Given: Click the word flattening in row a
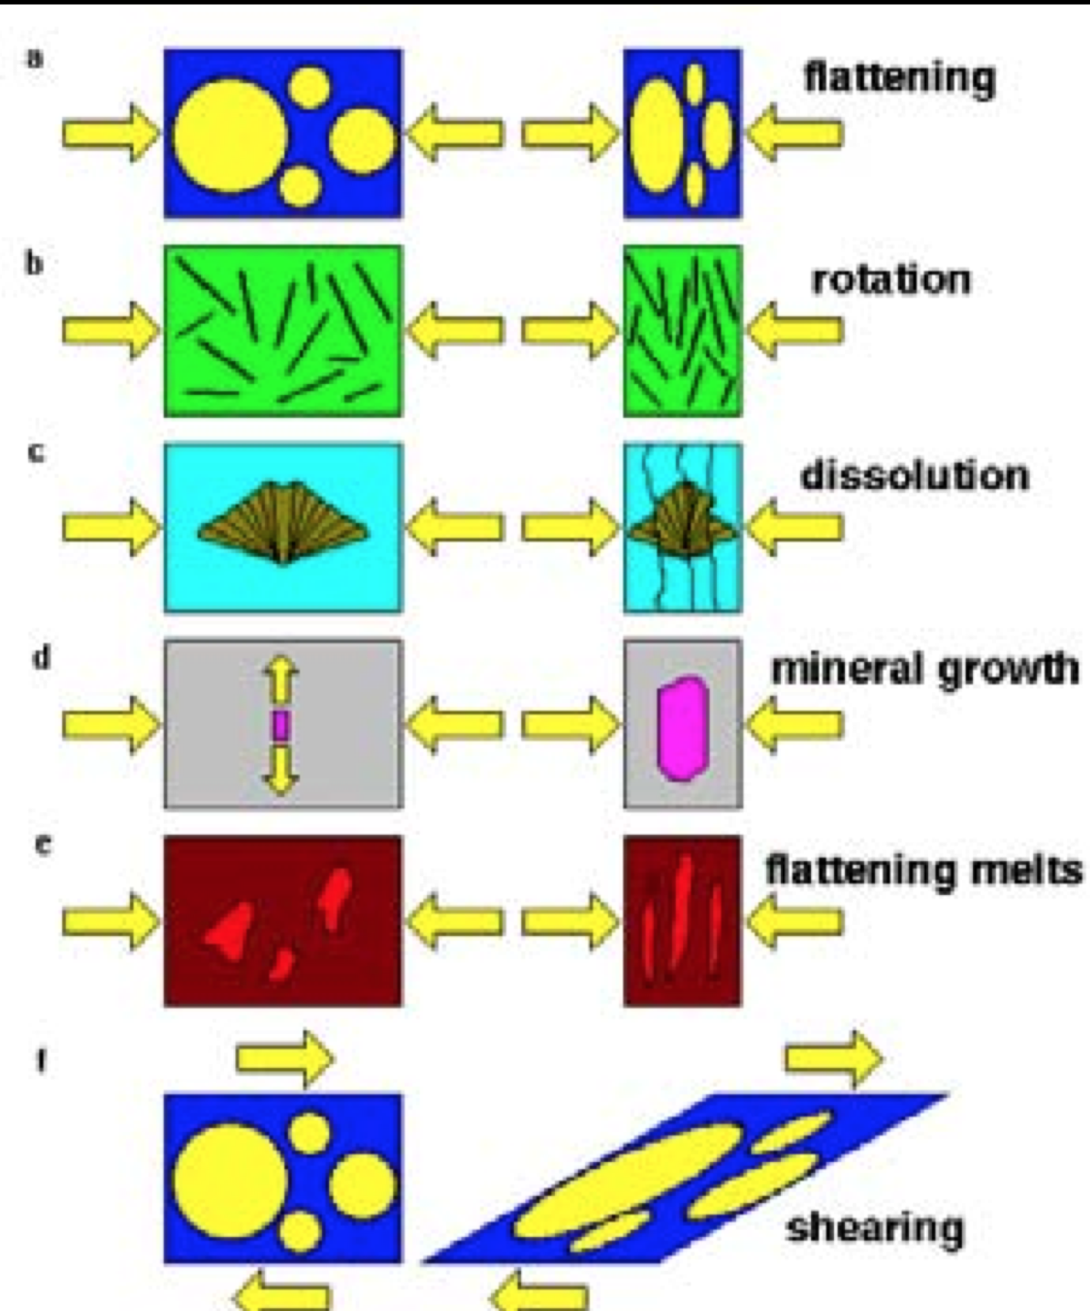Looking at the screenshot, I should (x=899, y=79).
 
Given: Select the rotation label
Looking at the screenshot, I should (x=891, y=279).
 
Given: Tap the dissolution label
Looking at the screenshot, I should (x=914, y=476).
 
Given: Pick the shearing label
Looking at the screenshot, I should (x=875, y=1228).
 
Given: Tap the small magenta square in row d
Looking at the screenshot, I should (x=281, y=724).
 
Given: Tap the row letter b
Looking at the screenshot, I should (x=34, y=264).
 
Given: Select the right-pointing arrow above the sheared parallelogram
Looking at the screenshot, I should (x=834, y=1058).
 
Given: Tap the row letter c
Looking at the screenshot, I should (x=35, y=453).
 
